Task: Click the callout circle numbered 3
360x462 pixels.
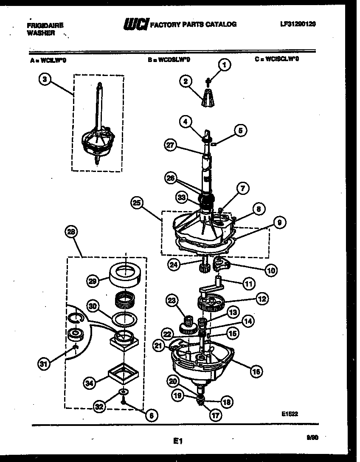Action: coord(45,79)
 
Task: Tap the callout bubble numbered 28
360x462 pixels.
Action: coord(71,232)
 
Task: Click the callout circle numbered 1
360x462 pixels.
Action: coord(225,65)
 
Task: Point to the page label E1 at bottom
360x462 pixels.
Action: coord(177,442)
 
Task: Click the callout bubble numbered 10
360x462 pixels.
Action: coord(270,270)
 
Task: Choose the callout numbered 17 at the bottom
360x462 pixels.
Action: coord(215,416)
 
